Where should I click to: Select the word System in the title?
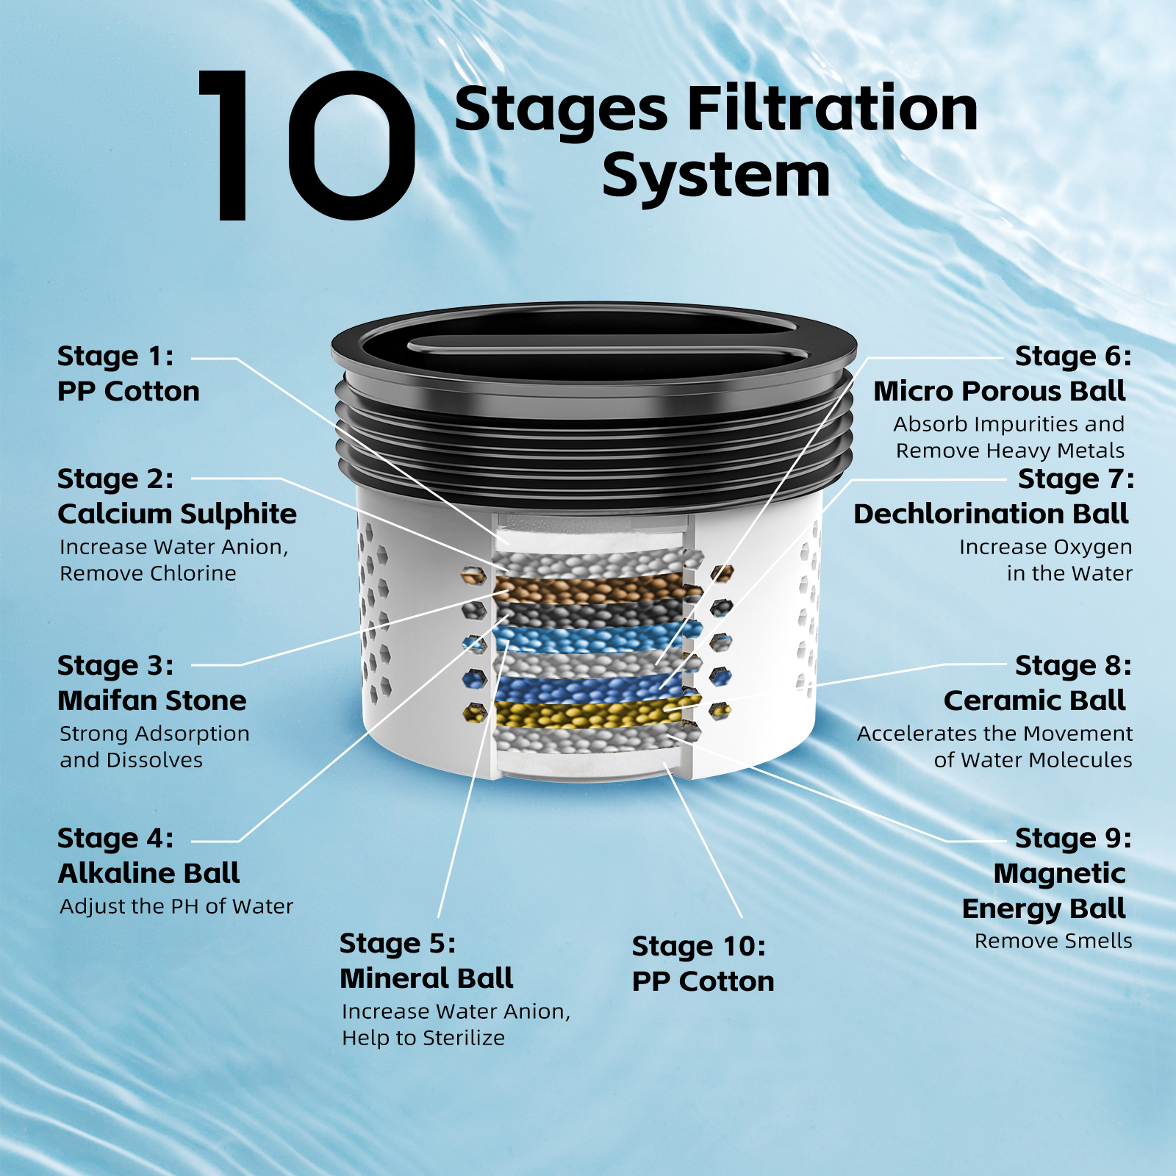pos(716,176)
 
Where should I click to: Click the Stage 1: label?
pos(115,356)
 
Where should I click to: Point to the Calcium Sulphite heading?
pos(177,514)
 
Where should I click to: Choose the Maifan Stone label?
pos(152,700)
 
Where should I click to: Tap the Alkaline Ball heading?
pos(149,873)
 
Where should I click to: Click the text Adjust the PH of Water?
pos(176,906)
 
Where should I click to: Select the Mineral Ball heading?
pos(426,978)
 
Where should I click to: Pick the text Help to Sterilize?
pos(423,1038)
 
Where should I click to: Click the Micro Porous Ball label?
pos(1000,391)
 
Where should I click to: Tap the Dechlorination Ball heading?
pos(991,514)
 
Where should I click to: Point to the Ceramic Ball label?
pos(1035,700)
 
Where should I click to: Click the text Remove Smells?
pos(1053,941)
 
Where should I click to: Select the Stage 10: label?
pos(699,947)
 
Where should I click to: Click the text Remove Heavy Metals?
pos(1010,451)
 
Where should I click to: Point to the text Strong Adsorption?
pos(154,734)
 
